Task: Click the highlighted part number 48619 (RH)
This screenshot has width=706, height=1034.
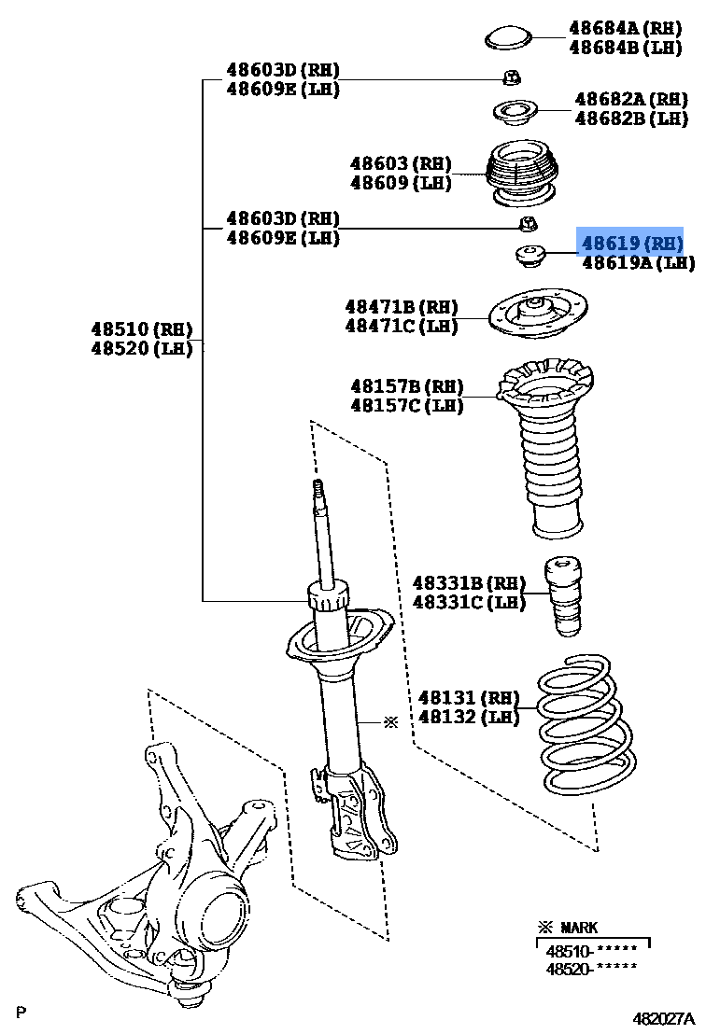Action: click(x=631, y=244)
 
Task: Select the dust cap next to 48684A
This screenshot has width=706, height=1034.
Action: click(x=508, y=38)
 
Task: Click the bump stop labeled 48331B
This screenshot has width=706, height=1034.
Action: click(x=563, y=596)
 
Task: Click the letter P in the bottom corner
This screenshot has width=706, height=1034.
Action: click(x=21, y=1012)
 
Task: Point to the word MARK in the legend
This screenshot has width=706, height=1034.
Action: click(x=579, y=928)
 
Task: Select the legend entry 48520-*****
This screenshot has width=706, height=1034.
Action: click(x=591, y=969)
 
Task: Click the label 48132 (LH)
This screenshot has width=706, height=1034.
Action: click(x=468, y=718)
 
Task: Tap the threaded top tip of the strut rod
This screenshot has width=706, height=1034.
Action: click(x=318, y=488)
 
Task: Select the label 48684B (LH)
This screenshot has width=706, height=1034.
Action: click(x=626, y=48)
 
